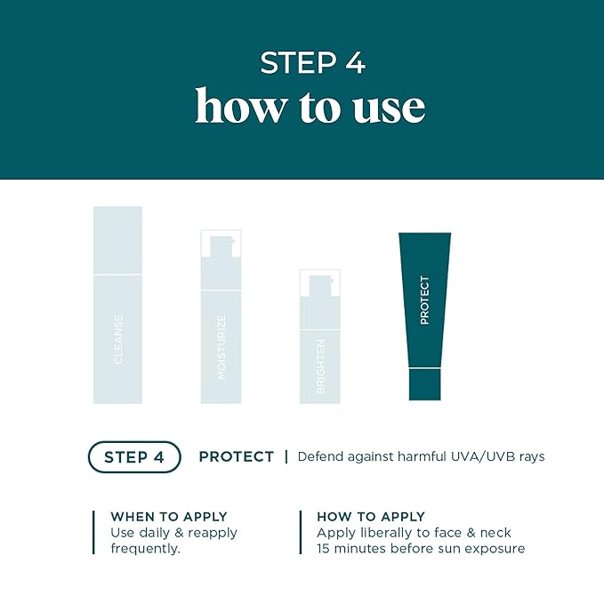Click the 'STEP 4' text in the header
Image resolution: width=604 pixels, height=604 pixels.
click(x=312, y=63)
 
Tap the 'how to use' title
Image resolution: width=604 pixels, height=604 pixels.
click(x=310, y=107)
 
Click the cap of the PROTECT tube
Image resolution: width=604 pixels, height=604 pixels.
click(x=424, y=383)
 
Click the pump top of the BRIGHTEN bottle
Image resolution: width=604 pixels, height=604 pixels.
click(x=319, y=285)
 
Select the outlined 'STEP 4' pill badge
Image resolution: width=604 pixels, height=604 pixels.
click(x=134, y=456)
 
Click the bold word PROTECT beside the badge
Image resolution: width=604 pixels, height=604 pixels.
click(x=236, y=456)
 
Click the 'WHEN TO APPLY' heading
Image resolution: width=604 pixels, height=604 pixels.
click(x=168, y=517)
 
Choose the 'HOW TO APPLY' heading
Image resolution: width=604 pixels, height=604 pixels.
click(x=371, y=517)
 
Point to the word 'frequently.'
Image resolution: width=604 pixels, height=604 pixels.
click(x=145, y=549)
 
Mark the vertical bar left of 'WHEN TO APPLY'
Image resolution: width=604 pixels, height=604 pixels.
click(x=93, y=532)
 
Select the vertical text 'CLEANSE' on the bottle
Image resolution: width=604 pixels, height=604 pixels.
click(x=118, y=338)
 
